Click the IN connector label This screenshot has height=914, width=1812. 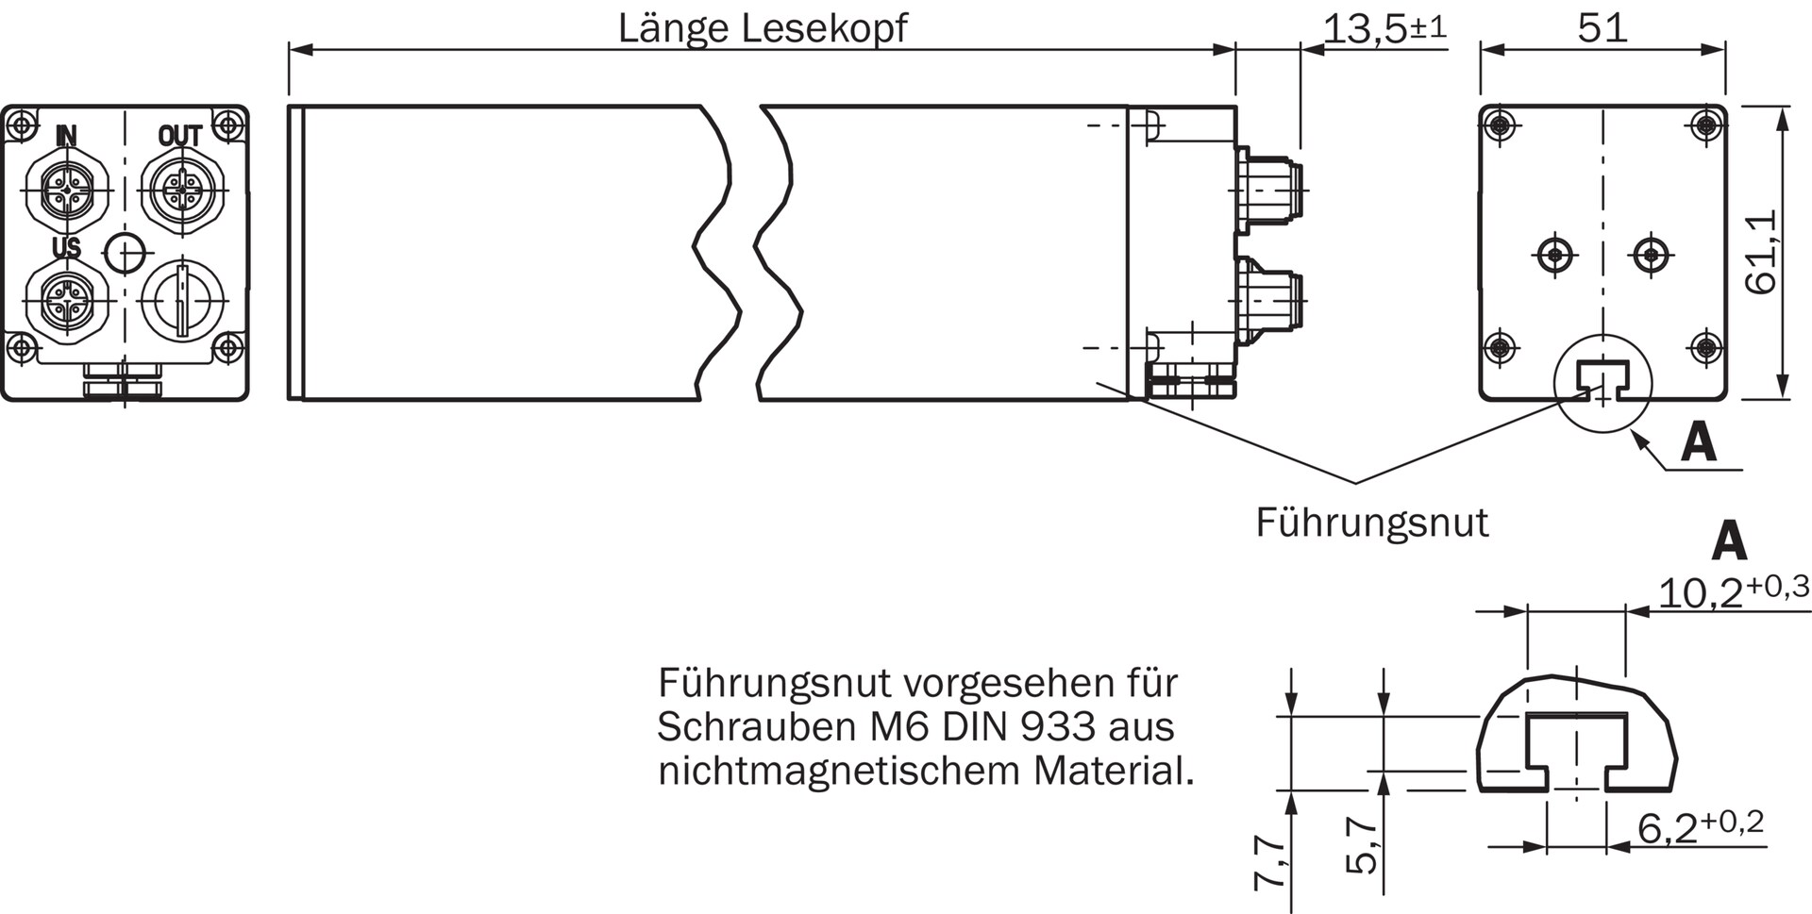coord(65,136)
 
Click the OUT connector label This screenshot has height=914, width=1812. coord(179,136)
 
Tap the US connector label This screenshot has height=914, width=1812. coord(66,248)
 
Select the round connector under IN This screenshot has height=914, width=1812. coord(66,190)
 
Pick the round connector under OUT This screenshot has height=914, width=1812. coord(179,190)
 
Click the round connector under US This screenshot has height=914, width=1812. coord(66,300)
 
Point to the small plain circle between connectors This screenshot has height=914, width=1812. coord(126,252)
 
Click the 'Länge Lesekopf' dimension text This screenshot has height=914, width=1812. coord(762,28)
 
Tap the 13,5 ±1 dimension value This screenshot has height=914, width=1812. coord(1384,28)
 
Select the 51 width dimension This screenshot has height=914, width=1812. coord(1602,28)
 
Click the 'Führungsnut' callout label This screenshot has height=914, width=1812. coord(1371,522)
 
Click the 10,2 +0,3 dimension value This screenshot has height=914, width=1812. coord(1733,591)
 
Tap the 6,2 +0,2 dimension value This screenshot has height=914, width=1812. coord(1700,826)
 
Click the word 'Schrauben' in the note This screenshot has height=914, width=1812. coord(749,726)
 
